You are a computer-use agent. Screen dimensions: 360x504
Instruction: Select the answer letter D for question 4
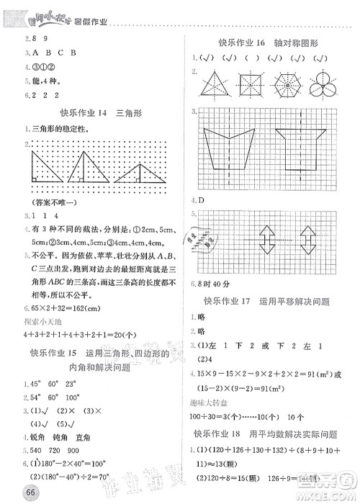[200, 200]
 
